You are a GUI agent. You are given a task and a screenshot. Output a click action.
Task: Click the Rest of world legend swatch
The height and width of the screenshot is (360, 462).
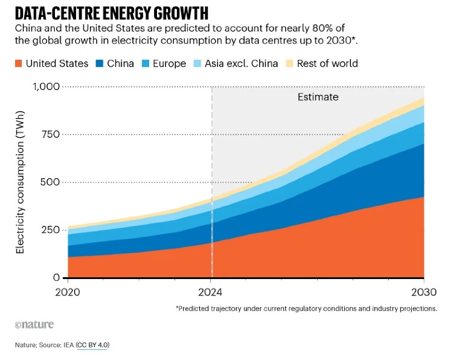[x=289, y=63]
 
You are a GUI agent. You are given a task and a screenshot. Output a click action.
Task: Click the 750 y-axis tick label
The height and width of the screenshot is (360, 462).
[x=49, y=134]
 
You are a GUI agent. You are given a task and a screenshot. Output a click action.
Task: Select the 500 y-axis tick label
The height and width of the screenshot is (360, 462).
[x=49, y=182]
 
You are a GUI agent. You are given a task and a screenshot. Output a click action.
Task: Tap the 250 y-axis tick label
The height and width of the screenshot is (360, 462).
[x=49, y=230]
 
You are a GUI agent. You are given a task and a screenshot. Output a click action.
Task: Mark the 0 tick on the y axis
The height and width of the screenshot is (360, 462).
[x=56, y=278]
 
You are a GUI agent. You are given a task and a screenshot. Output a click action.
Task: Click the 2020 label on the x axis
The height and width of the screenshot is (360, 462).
[x=67, y=293]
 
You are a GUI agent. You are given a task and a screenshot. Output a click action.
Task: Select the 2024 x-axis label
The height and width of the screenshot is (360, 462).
[x=211, y=293]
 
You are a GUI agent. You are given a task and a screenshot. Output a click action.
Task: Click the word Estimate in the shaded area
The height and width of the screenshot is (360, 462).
[x=318, y=97]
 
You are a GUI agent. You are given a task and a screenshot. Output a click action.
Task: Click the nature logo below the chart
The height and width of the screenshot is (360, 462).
[x=34, y=324]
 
